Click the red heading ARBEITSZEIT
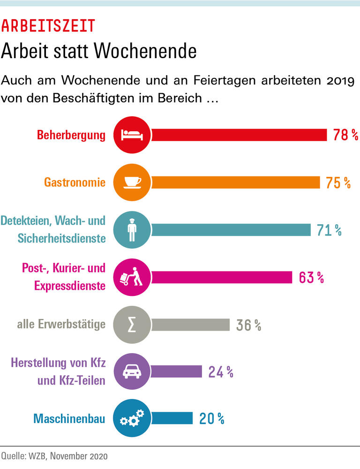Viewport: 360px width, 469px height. click(48, 26)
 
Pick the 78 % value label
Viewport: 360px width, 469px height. click(345, 135)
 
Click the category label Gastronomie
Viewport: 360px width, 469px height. click(75, 182)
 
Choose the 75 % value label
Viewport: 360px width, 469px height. click(338, 182)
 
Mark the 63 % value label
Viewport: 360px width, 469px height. click(311, 277)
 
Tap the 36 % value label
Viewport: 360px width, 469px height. click(248, 325)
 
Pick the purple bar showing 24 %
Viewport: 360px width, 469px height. click(176, 372)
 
